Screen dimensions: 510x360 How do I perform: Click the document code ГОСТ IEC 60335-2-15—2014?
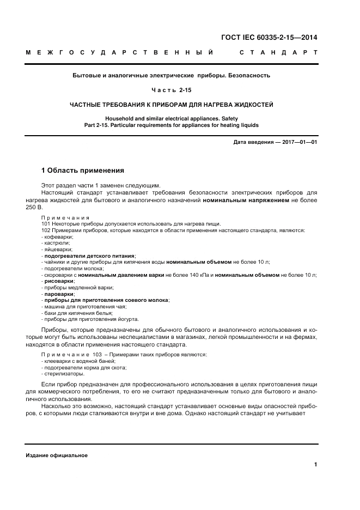[269, 38]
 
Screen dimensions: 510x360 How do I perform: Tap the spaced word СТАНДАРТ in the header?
[278, 53]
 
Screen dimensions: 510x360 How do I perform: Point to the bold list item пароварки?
[59, 294]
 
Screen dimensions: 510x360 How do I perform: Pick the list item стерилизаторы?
[64, 374]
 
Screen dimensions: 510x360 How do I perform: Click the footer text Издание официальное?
[57, 456]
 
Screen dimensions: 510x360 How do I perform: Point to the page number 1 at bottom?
[315, 464]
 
